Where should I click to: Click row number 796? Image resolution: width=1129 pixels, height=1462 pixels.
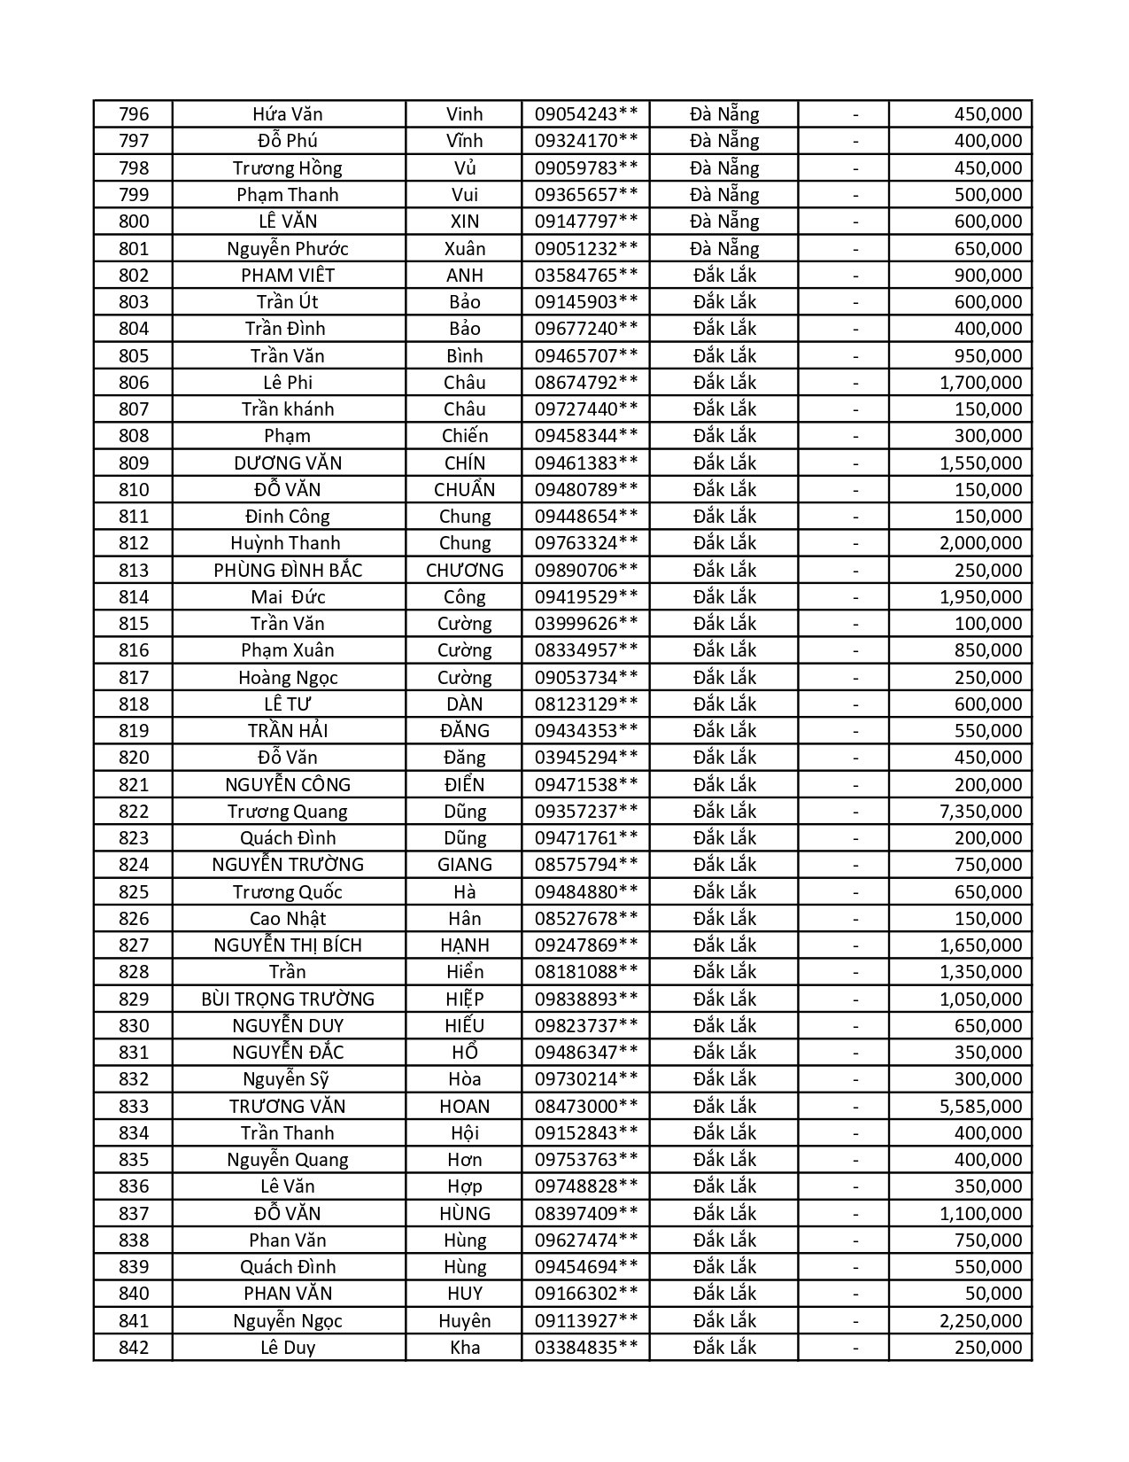coord(134,114)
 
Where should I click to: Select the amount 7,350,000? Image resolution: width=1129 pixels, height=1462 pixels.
coord(980,811)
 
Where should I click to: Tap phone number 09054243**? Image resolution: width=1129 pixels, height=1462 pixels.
coord(585,114)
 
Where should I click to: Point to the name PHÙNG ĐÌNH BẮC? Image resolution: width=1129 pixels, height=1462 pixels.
coord(288,570)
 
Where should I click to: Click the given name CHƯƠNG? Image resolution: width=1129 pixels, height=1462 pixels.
coord(464,570)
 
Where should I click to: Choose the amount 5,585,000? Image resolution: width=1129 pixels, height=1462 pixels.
coord(980,1106)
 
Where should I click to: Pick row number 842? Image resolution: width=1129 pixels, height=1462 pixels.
coord(134,1347)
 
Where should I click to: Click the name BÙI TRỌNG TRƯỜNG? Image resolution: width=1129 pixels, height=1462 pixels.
coord(288,999)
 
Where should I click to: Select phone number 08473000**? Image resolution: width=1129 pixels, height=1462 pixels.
coord(585,1106)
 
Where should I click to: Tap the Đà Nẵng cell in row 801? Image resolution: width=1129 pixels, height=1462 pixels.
coord(724,248)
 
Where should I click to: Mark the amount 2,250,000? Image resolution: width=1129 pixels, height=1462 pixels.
coord(980,1320)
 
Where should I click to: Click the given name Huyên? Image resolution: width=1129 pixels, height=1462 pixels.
coord(464,1320)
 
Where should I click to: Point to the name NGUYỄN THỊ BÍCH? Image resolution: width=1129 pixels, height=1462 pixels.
coord(288,945)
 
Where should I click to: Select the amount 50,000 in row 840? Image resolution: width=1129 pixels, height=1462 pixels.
coord(988,1293)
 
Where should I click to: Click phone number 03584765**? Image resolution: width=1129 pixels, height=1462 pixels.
coord(585,275)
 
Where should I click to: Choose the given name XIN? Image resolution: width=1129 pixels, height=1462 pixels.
coord(464,222)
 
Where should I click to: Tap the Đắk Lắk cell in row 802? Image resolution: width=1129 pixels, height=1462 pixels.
coord(724,275)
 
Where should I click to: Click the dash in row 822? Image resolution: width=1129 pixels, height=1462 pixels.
coord(855,811)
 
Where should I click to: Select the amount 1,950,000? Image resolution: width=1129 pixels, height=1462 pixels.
coord(980,596)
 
